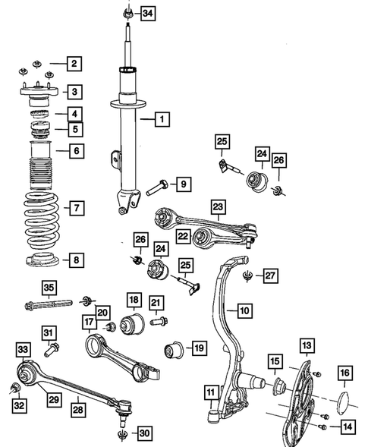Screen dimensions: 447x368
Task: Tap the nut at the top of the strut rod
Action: pyautogui.click(x=127, y=12)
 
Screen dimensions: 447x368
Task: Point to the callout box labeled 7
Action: pyautogui.click(x=74, y=207)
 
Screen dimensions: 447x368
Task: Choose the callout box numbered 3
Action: pyautogui.click(x=74, y=93)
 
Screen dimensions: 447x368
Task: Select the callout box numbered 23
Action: pyautogui.click(x=218, y=206)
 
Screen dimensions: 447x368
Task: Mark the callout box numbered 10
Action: pyautogui.click(x=244, y=310)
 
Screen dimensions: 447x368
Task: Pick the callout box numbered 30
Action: pyautogui.click(x=144, y=433)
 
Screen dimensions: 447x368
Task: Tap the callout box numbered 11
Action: pyautogui.click(x=210, y=392)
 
